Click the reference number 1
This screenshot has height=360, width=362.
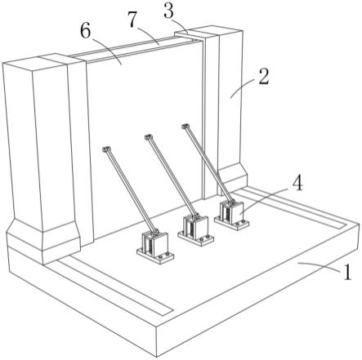coord(346,272)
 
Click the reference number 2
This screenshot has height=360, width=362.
coord(264,77)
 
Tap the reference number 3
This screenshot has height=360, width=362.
coord(169,11)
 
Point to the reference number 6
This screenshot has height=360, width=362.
coord(85,31)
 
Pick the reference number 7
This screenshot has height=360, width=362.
coord(132,20)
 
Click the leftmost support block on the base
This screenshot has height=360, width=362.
coord(155,247)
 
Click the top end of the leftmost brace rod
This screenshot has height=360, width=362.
coord(106,149)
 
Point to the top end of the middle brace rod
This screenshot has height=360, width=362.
coord(148,137)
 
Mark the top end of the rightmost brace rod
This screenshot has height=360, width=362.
coord(185,126)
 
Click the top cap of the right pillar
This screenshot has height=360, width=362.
coord(208,31)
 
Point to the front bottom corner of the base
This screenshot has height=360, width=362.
coord(157,357)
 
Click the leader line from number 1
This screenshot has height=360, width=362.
coord(319,267)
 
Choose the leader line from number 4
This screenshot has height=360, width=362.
coord(266,200)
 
